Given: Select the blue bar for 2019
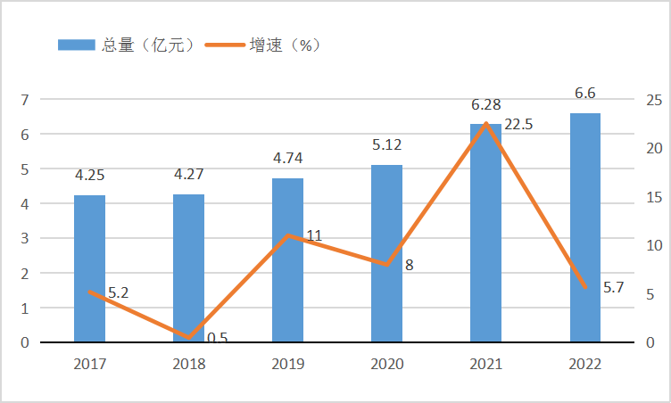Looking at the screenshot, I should [287, 260].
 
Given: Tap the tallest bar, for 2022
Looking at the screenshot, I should [585, 227].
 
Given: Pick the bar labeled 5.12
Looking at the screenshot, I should [386, 253].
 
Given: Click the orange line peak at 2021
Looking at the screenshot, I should [486, 123].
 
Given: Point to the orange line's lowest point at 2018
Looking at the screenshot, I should [189, 338].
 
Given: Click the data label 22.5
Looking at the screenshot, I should [518, 125].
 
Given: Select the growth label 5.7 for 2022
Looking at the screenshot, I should [613, 287].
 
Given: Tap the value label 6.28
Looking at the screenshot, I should [486, 105].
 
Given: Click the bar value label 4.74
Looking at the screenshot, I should [287, 159].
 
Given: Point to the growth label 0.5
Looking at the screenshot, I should [217, 338].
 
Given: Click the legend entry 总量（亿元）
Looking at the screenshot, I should [126, 45].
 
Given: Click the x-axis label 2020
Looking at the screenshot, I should [386, 364].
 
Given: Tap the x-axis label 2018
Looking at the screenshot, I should [188, 364].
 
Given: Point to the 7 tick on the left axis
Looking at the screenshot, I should [24, 100].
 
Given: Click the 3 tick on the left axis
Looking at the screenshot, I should [24, 239].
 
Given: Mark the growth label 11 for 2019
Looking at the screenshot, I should [314, 236].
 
